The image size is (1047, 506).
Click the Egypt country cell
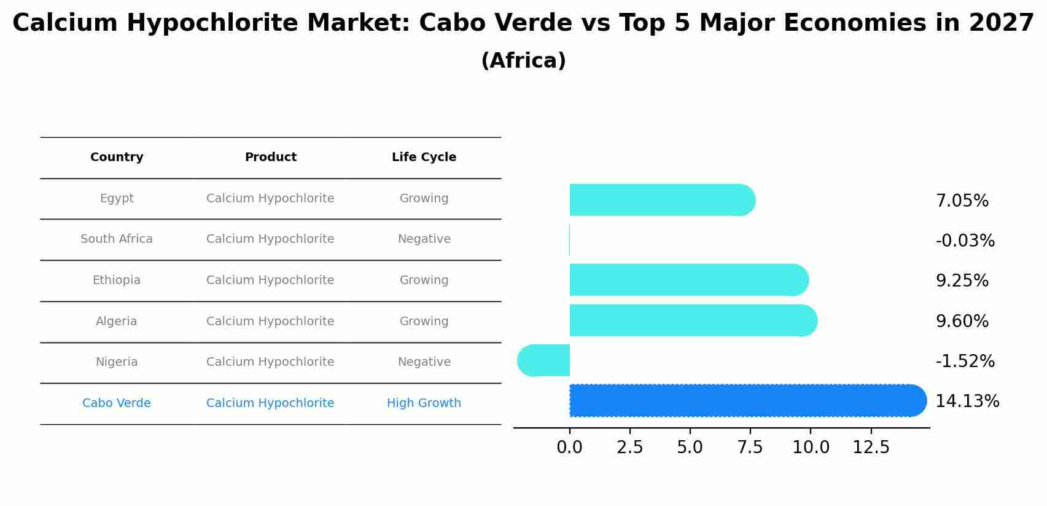117,199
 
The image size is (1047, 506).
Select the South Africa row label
117,239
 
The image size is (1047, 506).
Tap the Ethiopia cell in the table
117,280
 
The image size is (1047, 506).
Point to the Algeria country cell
117,322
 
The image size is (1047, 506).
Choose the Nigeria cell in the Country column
117,362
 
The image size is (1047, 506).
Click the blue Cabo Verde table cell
117,403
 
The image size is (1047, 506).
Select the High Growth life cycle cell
424,403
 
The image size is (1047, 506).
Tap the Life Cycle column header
424,157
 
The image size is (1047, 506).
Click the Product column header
270,157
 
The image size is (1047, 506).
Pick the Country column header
117,157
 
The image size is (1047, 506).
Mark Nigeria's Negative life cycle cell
424,362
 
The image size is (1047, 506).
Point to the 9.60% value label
962,322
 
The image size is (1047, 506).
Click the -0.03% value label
965,241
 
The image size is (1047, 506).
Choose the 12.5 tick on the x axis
871,448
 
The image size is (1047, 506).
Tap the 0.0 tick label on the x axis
569,448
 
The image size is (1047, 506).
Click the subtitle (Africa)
523,61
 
